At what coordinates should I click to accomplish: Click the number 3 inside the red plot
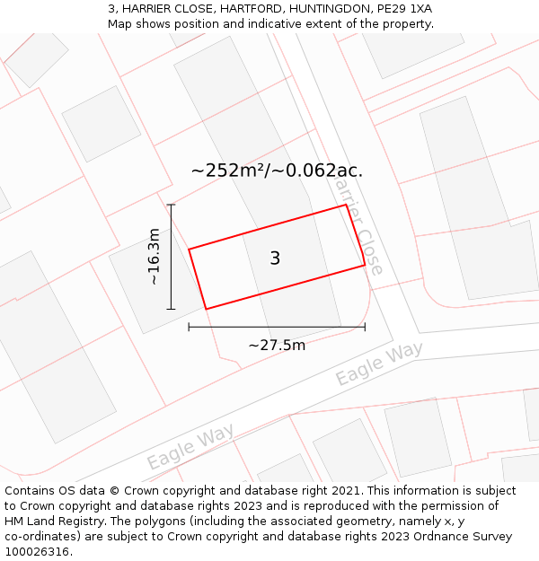[x=275, y=259]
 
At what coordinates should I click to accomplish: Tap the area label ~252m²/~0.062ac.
[x=277, y=171]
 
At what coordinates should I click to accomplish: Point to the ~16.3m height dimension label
[x=155, y=257]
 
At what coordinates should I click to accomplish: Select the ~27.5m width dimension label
[x=277, y=345]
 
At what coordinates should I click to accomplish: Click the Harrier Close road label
[x=358, y=224]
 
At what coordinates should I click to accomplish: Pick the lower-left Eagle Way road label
[x=190, y=446]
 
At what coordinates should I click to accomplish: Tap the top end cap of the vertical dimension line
[x=171, y=205]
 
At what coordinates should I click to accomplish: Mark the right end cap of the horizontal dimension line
[x=365, y=327]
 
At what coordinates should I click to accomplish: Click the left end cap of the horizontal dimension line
[x=189, y=327]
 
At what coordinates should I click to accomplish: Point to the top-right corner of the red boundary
[x=346, y=206]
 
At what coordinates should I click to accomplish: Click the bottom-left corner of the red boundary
[x=207, y=309]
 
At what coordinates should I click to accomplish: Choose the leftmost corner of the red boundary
[x=189, y=250]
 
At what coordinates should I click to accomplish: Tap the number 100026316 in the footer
[x=37, y=552]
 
